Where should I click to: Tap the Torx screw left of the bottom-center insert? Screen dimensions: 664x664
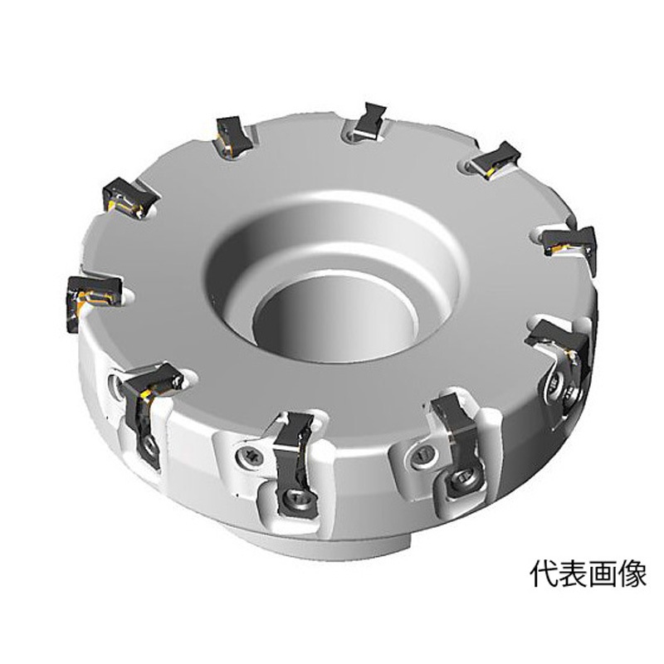pos(249,456)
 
